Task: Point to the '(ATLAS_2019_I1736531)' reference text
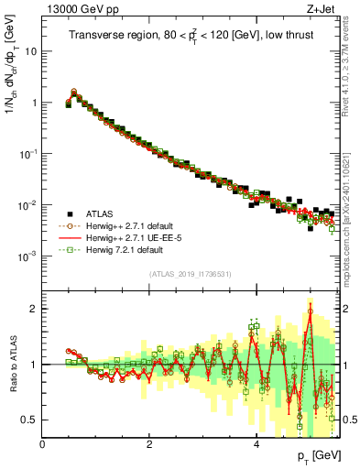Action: (x=189, y=273)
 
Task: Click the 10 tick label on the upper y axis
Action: (x=30, y=51)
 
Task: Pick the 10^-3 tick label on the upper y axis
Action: (x=28, y=256)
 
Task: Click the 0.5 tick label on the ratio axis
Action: (x=28, y=420)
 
